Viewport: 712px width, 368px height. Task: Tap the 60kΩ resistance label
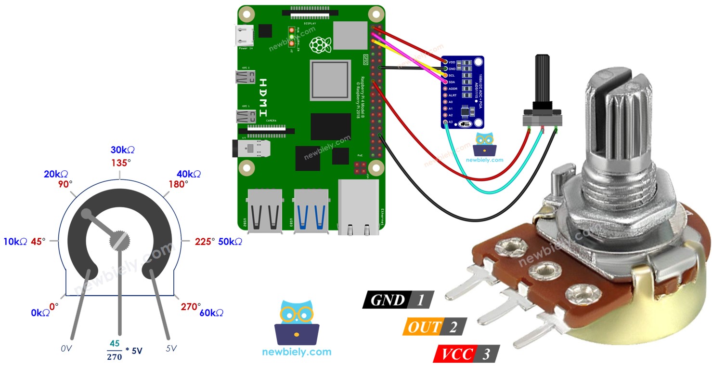pos(211,313)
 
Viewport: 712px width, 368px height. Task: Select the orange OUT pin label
pos(424,327)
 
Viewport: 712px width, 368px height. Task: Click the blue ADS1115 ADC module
pos(462,92)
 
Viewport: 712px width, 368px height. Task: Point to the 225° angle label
pos(205,242)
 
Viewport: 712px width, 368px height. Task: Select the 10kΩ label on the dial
pos(15,242)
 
